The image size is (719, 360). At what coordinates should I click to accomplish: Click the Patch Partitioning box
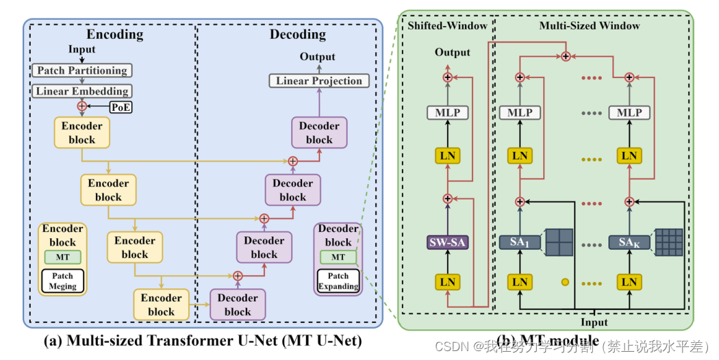coord(81,70)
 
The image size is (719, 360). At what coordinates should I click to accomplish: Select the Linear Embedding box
coord(81,91)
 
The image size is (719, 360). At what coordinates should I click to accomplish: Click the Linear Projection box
coord(318,81)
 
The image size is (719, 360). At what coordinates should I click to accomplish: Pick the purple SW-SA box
coord(448,242)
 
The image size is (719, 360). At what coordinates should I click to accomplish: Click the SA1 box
coord(520,242)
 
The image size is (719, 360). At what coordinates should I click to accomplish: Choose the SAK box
coord(629,242)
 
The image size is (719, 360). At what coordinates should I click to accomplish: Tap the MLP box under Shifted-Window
coord(448,112)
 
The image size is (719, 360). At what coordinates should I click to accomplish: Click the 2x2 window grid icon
coord(558,242)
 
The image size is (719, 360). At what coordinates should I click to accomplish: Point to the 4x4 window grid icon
coord(668,242)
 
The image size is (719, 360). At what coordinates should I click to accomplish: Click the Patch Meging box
coord(62,281)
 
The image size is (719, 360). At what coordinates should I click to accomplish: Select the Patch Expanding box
coord(338,281)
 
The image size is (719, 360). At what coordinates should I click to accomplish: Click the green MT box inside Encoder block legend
coord(62,257)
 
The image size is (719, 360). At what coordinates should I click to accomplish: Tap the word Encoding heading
coord(114,34)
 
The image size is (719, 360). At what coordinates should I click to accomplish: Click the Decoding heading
coord(297,34)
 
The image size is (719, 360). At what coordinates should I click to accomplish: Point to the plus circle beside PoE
coord(82,106)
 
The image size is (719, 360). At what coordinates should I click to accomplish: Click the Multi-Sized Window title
coord(589,26)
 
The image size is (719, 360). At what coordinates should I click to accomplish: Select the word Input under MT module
coord(594,322)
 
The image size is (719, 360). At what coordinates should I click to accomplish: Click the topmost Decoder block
coord(319,133)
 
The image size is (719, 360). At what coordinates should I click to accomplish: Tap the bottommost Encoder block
coord(161,305)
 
